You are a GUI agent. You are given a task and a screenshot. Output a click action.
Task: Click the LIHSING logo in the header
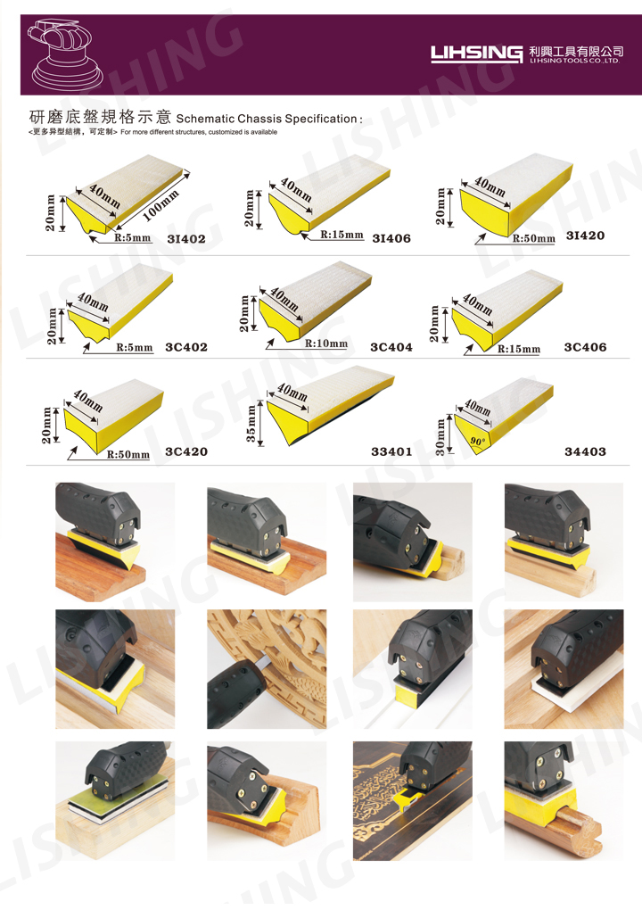point(476,54)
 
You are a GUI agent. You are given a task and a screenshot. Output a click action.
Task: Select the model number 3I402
point(186,238)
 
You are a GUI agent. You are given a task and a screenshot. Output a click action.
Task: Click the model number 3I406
point(391,238)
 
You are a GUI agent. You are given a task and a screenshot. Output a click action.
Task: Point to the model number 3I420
point(585,235)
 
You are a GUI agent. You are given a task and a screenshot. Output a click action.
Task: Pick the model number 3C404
point(391,347)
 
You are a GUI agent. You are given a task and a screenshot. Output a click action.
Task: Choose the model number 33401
point(391,451)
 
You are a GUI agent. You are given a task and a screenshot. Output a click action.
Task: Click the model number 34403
point(585,451)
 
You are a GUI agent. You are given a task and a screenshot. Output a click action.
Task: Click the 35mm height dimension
point(251,423)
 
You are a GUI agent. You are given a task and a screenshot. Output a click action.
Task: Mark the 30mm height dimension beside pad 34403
point(440,436)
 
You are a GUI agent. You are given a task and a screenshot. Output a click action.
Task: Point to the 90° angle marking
point(477,441)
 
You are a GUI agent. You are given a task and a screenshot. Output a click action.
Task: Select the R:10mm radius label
point(326,343)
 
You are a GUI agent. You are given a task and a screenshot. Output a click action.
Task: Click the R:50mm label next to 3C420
point(128,454)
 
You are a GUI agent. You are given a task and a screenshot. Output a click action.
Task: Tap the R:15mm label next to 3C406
point(519,349)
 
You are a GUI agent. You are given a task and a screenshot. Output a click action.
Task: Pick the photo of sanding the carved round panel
point(267,669)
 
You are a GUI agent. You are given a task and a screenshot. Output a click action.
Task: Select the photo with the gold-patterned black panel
point(412,801)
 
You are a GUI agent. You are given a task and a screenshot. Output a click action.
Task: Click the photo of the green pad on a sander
point(115,801)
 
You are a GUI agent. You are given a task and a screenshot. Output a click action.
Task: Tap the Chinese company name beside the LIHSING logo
point(576,51)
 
